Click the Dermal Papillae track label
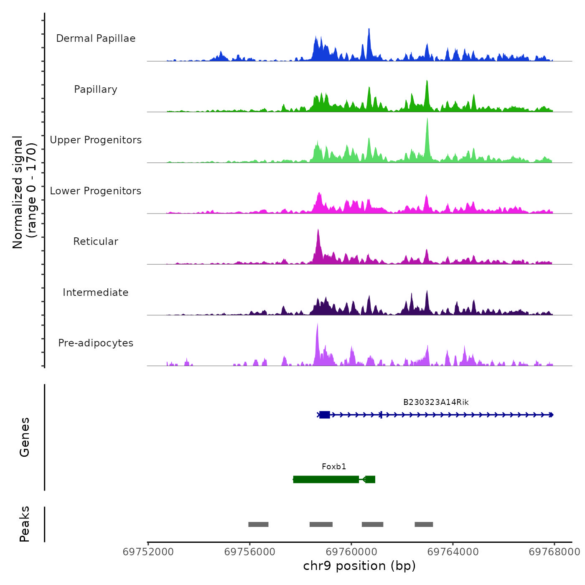(96, 38)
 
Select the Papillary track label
(96, 89)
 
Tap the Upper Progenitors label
(96, 140)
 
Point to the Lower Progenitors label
(96, 191)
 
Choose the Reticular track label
(96, 242)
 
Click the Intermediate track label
(96, 292)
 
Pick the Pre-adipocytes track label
(96, 343)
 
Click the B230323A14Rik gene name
(436, 402)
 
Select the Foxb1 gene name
(334, 467)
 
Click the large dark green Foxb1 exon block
(326, 479)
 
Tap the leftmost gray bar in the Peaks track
(258, 524)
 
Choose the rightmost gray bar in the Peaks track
(424, 524)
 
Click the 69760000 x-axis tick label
(351, 552)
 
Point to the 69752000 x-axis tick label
(148, 552)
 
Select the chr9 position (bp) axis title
(359, 566)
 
